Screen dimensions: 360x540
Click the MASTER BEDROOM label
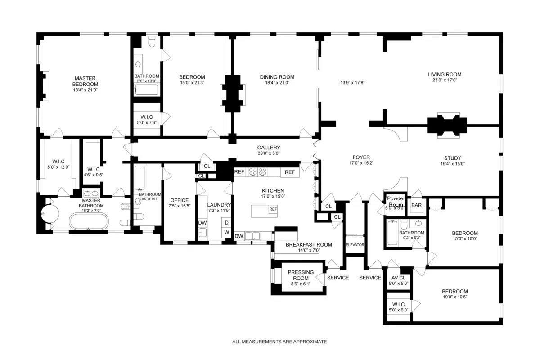(85, 81)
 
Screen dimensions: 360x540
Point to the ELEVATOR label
(355, 245)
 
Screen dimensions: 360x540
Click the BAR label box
(417, 205)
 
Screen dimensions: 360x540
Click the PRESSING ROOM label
(298, 275)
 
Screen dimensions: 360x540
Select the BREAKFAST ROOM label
(309, 245)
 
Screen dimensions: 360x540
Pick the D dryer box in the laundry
(227, 223)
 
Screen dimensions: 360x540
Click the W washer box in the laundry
(227, 232)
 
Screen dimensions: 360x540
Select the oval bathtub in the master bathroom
(89, 222)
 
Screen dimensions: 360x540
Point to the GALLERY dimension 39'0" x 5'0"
(269, 153)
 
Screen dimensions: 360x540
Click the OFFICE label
(179, 200)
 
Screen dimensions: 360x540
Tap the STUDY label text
(452, 158)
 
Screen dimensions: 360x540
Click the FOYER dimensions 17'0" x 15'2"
(361, 163)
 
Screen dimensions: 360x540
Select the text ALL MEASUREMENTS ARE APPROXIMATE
(279, 342)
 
